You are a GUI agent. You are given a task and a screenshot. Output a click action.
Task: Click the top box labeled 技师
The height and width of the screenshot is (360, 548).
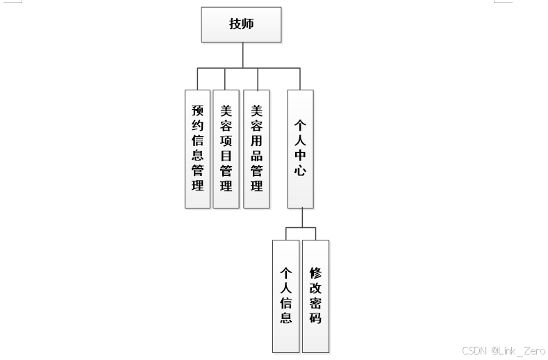[x=241, y=24]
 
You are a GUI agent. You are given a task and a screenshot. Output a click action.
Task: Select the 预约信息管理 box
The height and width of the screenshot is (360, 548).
[x=197, y=149]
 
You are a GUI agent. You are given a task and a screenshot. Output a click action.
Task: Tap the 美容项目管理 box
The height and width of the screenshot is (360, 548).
[x=226, y=149]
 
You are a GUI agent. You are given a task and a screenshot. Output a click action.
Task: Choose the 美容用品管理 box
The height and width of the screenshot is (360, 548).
[x=256, y=149]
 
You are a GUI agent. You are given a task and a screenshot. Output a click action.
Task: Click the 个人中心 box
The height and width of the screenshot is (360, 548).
[x=300, y=149]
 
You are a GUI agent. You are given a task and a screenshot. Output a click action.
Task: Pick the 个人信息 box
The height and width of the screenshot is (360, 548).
[x=285, y=295]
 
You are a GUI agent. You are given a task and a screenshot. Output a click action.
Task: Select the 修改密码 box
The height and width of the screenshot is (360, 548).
[x=315, y=295]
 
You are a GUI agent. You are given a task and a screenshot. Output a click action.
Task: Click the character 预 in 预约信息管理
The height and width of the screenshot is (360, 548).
[x=197, y=111]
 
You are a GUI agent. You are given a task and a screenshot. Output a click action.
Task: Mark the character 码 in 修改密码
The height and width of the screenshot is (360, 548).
[x=315, y=318]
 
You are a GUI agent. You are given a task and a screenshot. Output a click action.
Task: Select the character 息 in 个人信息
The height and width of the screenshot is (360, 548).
[x=285, y=318]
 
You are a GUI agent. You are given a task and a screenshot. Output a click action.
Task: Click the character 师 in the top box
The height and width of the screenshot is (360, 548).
[x=248, y=24]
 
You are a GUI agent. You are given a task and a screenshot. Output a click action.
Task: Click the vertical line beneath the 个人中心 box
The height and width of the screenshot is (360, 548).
[x=301, y=218]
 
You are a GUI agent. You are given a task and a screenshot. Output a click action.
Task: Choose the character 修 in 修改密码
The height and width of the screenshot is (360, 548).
[x=315, y=272]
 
